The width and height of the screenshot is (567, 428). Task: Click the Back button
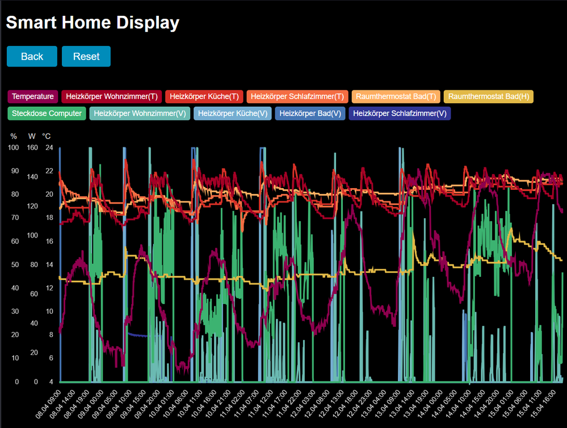(32, 56)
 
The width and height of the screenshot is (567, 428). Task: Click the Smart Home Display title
(93, 23)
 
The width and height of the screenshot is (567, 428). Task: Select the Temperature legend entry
(33, 97)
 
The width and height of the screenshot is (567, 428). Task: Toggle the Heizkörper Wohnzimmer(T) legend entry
(112, 97)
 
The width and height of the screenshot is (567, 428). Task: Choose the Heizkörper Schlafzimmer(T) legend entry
(297, 97)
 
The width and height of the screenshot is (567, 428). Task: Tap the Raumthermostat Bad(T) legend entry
(395, 97)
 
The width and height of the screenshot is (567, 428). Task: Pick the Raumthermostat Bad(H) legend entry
(488, 97)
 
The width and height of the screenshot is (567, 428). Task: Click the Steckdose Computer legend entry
(47, 113)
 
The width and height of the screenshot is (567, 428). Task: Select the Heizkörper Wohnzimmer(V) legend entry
(140, 113)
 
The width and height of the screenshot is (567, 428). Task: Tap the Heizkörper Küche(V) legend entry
(233, 113)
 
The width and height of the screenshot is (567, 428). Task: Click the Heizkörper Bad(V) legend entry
(310, 113)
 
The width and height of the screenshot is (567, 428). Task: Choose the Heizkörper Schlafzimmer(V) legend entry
(399, 113)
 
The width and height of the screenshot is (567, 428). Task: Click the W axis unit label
(32, 136)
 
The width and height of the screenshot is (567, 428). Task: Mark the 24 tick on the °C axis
(49, 148)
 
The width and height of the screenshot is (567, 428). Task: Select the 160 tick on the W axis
(32, 148)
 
